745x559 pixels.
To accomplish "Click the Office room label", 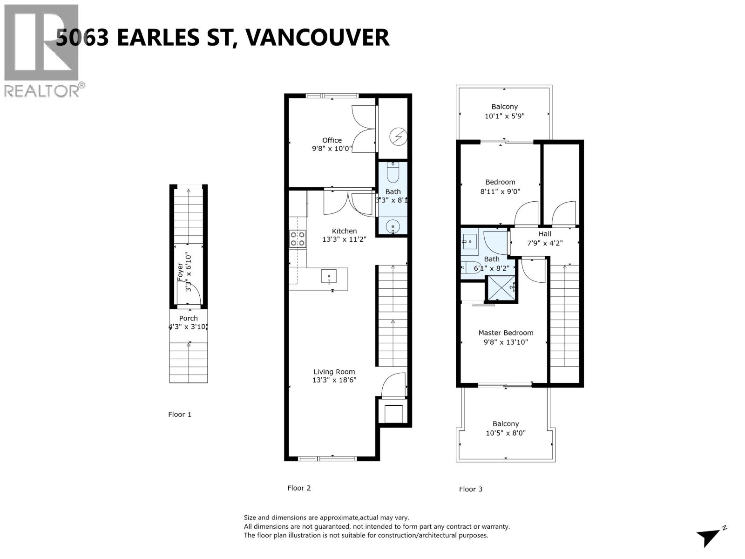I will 332,140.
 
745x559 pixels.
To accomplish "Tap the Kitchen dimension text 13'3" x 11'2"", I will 345,239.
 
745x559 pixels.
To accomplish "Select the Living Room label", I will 334,372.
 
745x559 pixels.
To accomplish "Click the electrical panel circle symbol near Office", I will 399,136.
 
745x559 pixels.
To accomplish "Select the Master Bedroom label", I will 506,333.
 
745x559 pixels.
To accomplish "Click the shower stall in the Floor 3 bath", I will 501,289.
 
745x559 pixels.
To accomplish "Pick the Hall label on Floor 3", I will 545,234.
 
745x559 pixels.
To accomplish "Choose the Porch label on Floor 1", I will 189,318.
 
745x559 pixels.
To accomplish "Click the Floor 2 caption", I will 299,488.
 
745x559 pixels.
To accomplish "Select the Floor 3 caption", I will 471,489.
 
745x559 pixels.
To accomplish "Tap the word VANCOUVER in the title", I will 317,37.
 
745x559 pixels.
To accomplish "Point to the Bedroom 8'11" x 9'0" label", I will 500,182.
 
